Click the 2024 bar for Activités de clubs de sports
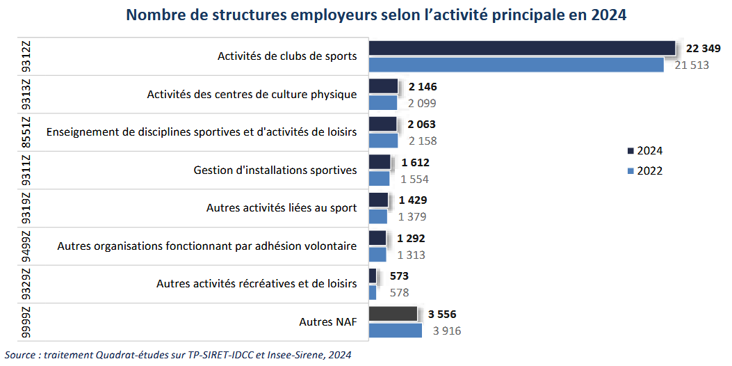coord(521,48)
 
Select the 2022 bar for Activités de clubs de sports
coord(516,65)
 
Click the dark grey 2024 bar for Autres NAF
coord(393,314)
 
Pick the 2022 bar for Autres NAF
coord(395,331)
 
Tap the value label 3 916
coord(447,331)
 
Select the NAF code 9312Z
coord(26,56)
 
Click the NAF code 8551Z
coord(26,132)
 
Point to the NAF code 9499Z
coord(26,246)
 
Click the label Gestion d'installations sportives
coord(275,170)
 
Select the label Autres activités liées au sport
coord(282,207)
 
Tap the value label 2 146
coord(423,87)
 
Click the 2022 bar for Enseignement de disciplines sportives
coord(383,141)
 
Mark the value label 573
coord(399,276)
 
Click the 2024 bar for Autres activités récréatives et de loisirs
coord(372,276)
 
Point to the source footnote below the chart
coord(177,355)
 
